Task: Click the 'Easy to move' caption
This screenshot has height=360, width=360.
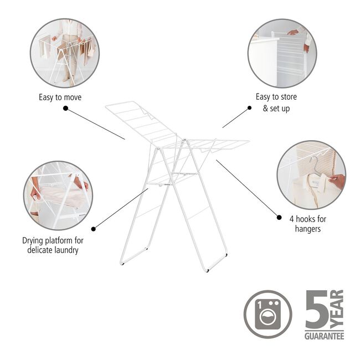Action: (60, 97)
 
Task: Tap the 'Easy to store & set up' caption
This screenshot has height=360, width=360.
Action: (276, 102)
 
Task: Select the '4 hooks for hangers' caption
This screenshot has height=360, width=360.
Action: (304, 224)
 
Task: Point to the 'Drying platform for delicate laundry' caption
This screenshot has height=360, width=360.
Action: (56, 245)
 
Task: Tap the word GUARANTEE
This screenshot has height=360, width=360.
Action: (324, 336)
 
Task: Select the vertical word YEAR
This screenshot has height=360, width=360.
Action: (337, 309)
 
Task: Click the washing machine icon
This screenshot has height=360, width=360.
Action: (268, 313)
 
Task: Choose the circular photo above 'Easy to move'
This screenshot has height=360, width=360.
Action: (65, 53)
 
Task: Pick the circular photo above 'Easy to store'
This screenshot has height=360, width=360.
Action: (282, 53)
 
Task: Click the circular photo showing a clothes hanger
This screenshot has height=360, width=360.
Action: (311, 174)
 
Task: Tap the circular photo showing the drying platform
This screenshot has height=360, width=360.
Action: (58, 195)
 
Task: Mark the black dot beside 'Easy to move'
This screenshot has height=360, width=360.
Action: (65, 109)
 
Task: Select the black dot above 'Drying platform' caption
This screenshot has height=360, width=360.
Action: (93, 228)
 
